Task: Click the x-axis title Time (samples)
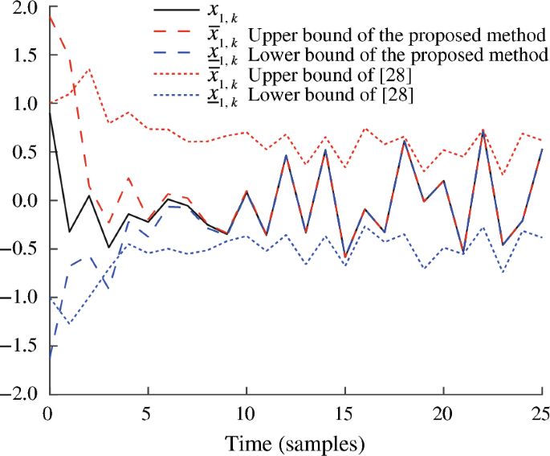click(x=296, y=443)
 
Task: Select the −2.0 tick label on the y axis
click(x=22, y=394)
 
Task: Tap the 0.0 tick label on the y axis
click(x=26, y=200)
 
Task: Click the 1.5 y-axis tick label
click(x=26, y=55)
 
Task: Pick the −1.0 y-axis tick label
click(x=22, y=298)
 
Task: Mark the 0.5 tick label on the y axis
click(x=26, y=152)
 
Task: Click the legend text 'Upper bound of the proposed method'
click(x=398, y=36)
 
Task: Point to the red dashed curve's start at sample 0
click(x=50, y=15)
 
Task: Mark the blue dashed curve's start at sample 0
click(x=50, y=359)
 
